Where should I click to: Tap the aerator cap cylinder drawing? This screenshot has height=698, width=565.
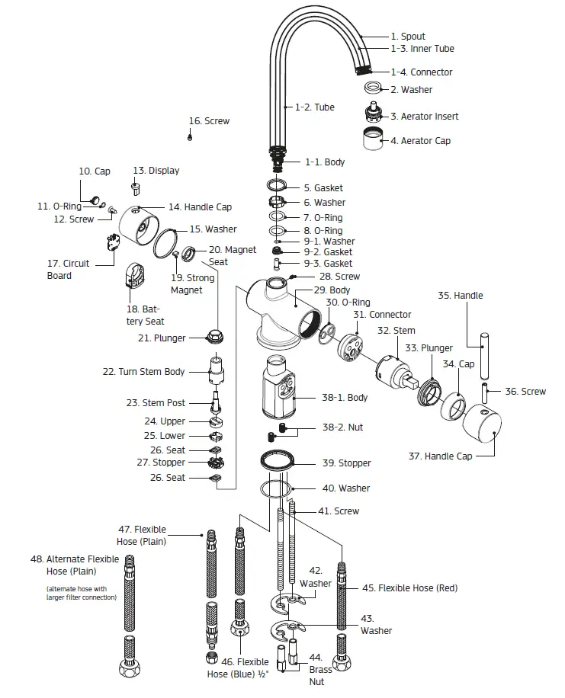tap(372, 140)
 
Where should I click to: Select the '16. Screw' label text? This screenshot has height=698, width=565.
tap(209, 121)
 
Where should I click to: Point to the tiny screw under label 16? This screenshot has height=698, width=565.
tap(190, 137)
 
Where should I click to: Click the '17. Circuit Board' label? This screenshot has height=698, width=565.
tap(68, 270)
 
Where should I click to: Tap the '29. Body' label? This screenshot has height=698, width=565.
tap(334, 290)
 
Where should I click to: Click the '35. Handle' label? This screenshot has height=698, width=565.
tap(460, 296)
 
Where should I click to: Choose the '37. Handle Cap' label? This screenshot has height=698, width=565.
tap(440, 456)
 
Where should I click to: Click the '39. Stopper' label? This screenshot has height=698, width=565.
tap(346, 463)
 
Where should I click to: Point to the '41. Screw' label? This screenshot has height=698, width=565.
tap(339, 511)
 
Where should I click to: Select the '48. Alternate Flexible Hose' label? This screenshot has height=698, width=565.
tap(75, 565)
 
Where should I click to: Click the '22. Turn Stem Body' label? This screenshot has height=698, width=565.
tap(143, 372)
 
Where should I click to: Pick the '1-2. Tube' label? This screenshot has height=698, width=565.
tap(314, 107)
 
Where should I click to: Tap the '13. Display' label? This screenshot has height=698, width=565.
tap(156, 171)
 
